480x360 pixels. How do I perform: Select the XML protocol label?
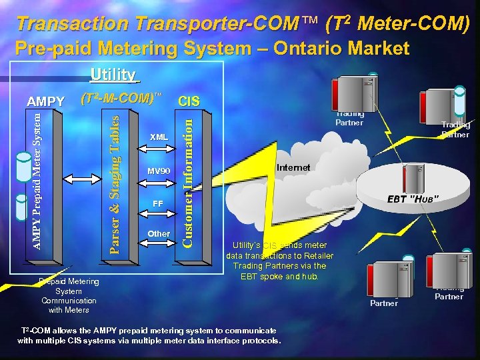(159, 137)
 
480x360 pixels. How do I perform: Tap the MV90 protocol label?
(159, 171)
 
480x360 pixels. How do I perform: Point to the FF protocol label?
(158, 203)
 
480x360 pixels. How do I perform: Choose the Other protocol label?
(159, 234)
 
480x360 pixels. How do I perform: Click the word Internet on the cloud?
(294, 167)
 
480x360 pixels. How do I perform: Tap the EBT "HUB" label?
(413, 199)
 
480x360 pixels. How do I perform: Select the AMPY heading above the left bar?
(45, 101)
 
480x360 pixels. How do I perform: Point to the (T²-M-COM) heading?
(121, 98)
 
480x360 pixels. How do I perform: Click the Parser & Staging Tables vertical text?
(114, 184)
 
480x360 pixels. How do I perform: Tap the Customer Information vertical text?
(189, 180)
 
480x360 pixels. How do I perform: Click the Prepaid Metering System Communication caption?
(69, 295)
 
